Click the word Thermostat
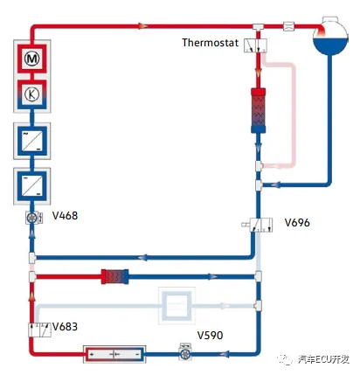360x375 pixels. click(210, 43)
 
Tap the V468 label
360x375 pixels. click(65, 216)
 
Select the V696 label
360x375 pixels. click(297, 223)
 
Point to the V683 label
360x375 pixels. click(65, 327)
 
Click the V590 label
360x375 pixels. click(210, 336)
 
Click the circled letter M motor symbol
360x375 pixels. click(32, 59)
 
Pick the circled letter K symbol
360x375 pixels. click(31, 94)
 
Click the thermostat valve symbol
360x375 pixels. click(255, 45)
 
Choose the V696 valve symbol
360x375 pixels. click(261, 225)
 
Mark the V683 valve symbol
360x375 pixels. click(39, 330)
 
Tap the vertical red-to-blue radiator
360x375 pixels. click(259, 110)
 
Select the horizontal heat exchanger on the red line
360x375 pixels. click(114, 276)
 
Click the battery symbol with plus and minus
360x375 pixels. click(114, 354)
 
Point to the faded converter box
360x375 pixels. click(177, 306)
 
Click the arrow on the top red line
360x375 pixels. click(142, 26)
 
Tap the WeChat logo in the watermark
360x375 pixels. click(285, 359)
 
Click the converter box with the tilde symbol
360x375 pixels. click(32, 141)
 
